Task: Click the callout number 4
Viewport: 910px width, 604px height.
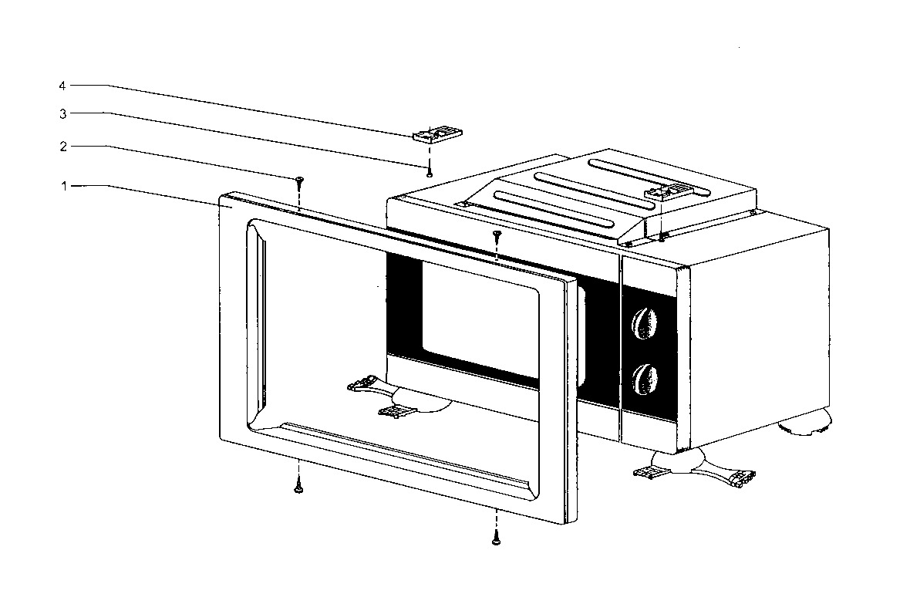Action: pyautogui.click(x=62, y=86)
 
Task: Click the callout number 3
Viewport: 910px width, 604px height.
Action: pyautogui.click(x=63, y=114)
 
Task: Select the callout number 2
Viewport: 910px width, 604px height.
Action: pyautogui.click(x=63, y=147)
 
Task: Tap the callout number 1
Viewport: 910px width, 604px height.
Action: pyautogui.click(x=64, y=186)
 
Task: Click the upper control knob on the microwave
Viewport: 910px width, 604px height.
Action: pyautogui.click(x=645, y=323)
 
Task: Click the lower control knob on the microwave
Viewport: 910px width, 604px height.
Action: pyautogui.click(x=645, y=379)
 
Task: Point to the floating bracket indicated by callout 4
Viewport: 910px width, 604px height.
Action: pyautogui.click(x=437, y=134)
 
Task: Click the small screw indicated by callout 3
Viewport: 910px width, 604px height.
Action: pyautogui.click(x=430, y=173)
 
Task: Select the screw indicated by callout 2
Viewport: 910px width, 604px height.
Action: pyautogui.click(x=299, y=181)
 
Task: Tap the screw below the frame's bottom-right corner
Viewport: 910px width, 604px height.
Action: pyautogui.click(x=496, y=537)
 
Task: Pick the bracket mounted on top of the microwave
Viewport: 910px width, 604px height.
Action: pyautogui.click(x=668, y=192)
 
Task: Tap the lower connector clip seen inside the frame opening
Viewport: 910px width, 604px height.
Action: pyautogui.click(x=396, y=411)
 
